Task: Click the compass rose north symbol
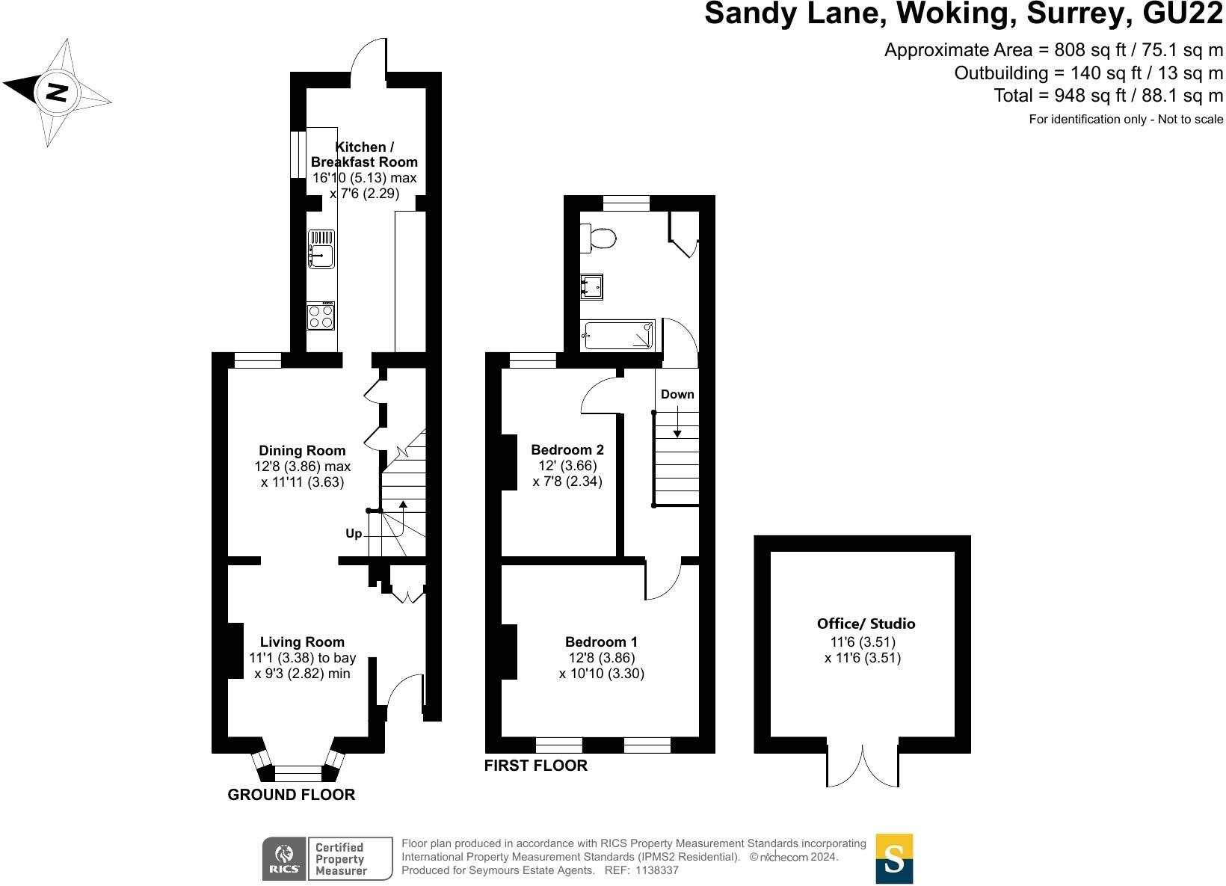click(x=57, y=93)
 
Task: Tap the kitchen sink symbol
click(x=321, y=250)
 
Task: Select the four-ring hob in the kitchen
click(x=321, y=316)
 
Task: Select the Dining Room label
click(x=302, y=451)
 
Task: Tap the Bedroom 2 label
click(x=567, y=450)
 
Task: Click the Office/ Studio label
click(x=866, y=624)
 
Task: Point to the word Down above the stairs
click(x=677, y=394)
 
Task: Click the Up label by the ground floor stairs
click(x=354, y=534)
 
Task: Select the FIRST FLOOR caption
click(x=536, y=766)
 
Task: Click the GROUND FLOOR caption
click(x=291, y=795)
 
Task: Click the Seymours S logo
click(x=894, y=858)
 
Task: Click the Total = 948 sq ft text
click(x=1108, y=96)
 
